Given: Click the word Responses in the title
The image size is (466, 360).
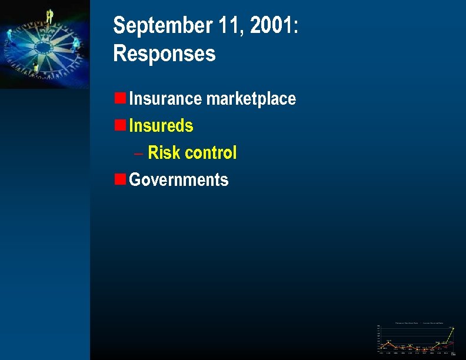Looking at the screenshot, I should [164, 54].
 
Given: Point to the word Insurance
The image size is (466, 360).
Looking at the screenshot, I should [165, 98].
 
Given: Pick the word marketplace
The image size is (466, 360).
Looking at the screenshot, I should [251, 99].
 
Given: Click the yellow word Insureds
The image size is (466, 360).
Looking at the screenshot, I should [161, 125].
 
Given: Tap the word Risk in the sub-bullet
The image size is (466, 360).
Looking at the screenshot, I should [164, 153].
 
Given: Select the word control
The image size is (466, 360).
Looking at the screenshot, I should [210, 153].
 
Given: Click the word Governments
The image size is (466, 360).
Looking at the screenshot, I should [178, 179].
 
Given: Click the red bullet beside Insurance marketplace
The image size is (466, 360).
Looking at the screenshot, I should [119, 97].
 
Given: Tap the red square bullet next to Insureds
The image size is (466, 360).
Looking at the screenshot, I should [119, 124].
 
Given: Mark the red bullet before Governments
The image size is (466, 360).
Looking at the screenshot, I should [119, 178].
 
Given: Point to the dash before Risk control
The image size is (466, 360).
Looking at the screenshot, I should [138, 154].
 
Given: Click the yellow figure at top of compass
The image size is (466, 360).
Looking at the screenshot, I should [50, 16].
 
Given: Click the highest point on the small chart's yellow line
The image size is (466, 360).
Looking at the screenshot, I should [453, 328].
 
